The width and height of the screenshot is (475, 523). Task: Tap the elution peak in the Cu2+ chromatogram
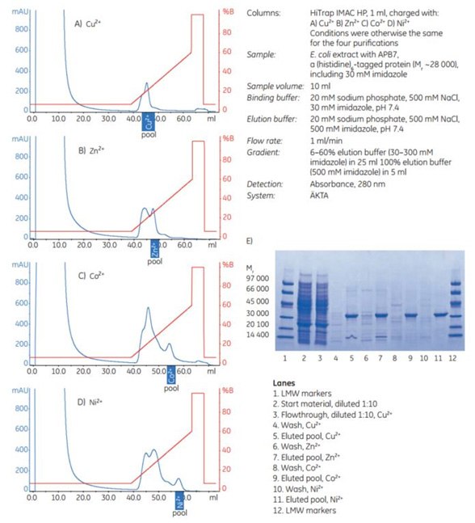tap(146, 83)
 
